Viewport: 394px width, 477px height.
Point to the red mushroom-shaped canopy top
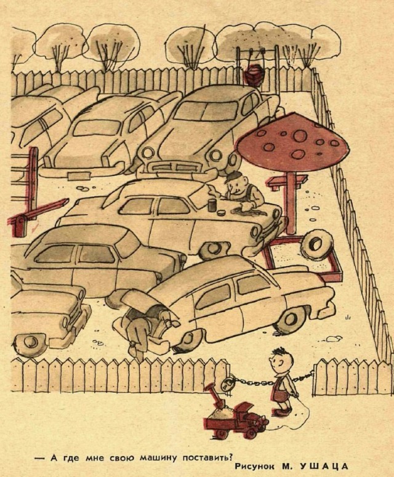click(x=293, y=139)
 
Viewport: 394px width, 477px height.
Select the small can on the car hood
click(x=211, y=205)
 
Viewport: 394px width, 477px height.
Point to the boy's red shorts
click(x=283, y=390)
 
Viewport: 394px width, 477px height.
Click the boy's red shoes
click(x=281, y=411)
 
